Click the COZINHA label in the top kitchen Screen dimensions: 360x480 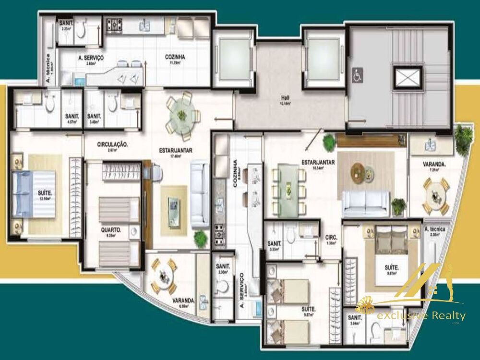pyautogui.click(x=175, y=57)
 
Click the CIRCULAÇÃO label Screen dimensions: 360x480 pyautogui.click(x=112, y=144)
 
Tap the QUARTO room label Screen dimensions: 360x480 pyautogui.click(x=111, y=230)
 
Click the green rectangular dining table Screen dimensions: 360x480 pyautogui.click(x=288, y=185)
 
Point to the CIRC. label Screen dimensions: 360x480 pyautogui.click(x=331, y=237)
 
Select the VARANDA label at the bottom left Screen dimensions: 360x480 pyautogui.click(x=183, y=301)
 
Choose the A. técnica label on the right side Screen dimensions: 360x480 pyautogui.click(x=435, y=229)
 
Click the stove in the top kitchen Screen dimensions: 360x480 pyautogui.click(x=115, y=24)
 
